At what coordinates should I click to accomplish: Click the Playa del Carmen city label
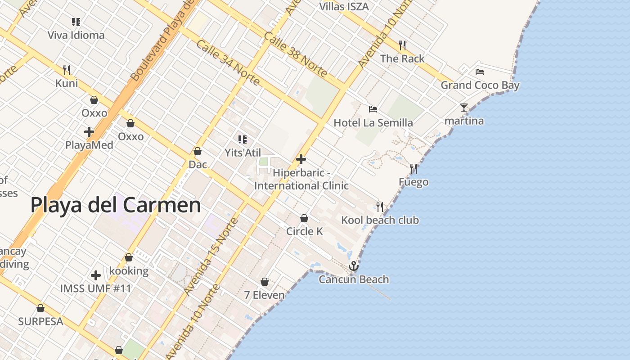116,205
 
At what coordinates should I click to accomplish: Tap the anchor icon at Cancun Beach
354,266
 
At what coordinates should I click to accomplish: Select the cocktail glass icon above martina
464,108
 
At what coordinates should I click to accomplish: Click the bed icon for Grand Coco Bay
480,72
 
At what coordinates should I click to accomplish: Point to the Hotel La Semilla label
373,123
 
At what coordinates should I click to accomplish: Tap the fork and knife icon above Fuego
414,169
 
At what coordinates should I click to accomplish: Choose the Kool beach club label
380,220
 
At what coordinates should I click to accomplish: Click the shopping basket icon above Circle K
304,218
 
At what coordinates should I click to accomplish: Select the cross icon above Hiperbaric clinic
301,159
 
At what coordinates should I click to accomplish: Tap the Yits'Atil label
243,153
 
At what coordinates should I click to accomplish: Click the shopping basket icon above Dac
197,151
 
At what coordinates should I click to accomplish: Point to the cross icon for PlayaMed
89,132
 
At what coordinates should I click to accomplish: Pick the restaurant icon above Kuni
67,70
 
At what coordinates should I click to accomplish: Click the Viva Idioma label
76,35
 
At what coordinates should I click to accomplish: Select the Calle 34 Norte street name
228,63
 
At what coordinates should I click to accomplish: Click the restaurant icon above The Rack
402,45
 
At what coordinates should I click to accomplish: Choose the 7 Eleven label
265,295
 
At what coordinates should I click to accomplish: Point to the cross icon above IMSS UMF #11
95,275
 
